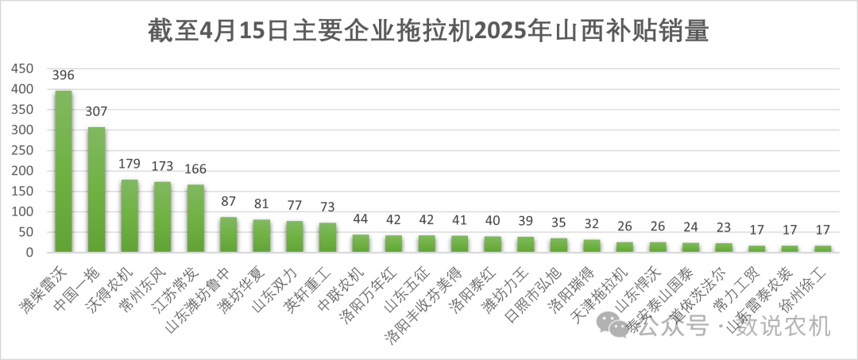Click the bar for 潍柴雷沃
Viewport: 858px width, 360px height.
coord(63,172)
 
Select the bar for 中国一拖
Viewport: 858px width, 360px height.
coord(96,190)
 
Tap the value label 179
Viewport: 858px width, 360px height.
coord(129,165)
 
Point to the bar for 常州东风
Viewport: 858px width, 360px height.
coord(162,217)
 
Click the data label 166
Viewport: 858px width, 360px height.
coord(195,169)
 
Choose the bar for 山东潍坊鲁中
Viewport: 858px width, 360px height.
coord(228,234)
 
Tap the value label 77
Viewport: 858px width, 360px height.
coord(295,206)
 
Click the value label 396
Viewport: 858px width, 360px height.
coord(63,75)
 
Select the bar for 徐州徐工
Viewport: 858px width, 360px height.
coord(822,249)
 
